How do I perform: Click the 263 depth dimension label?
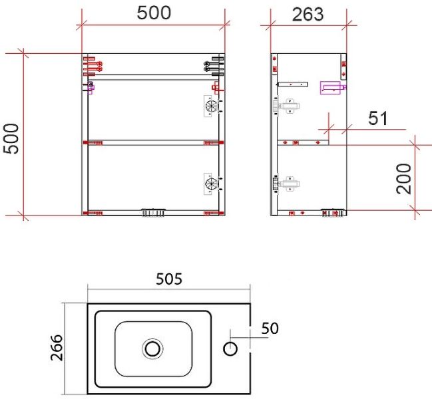tap(308, 15)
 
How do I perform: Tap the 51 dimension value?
tap(378, 118)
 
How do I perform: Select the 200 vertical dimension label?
tap(404, 179)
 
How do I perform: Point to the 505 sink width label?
tap(169, 279)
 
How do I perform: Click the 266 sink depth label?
tap(57, 347)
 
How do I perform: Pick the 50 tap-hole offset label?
tap(270, 329)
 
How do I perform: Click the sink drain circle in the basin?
tap(152, 349)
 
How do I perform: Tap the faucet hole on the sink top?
tap(230, 349)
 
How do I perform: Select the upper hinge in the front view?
tap(212, 106)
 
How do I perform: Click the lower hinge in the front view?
tap(212, 184)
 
